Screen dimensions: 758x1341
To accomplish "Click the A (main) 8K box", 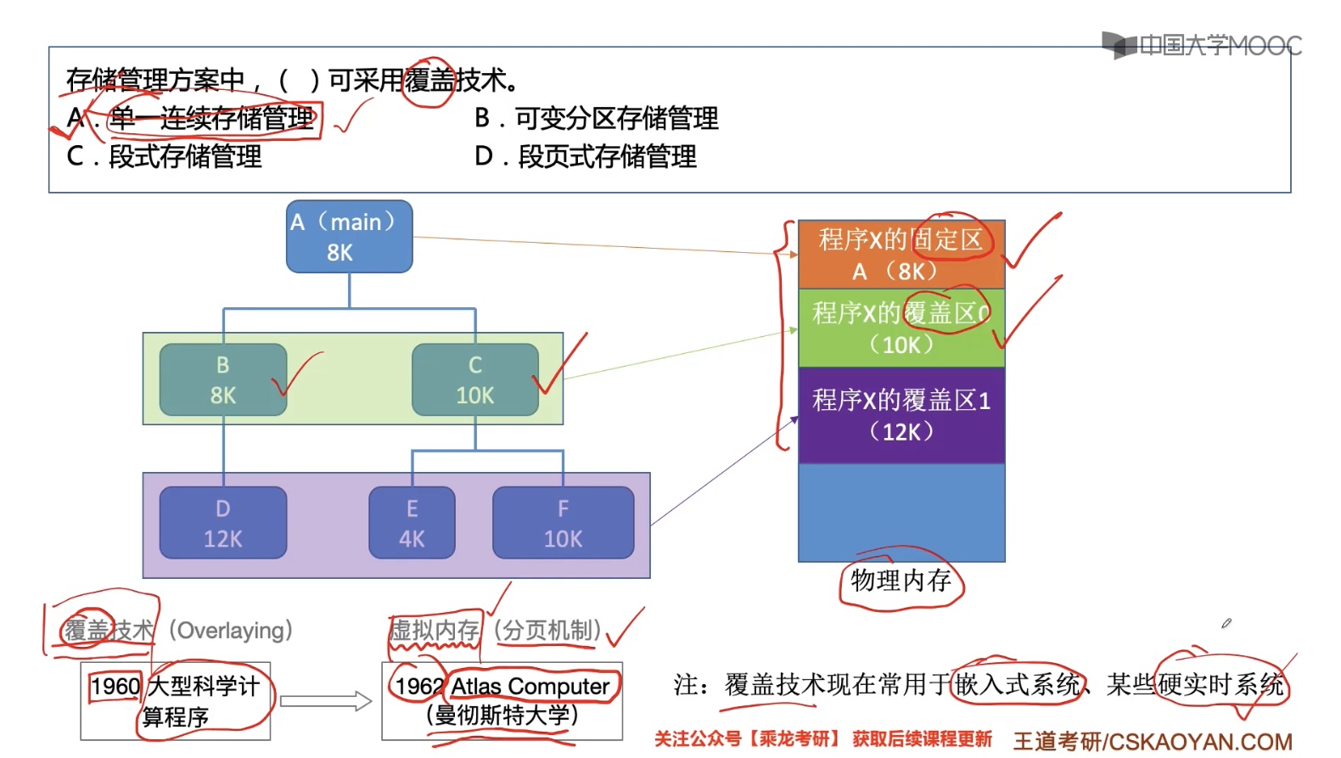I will pos(349,237).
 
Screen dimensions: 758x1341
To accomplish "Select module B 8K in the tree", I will pos(222,379).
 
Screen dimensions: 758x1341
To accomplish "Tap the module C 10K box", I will pos(474,379).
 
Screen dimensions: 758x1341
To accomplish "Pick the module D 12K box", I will pos(222,523).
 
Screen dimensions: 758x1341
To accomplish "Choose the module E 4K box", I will pos(412,523).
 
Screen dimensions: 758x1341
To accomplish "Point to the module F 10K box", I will pos(563,523).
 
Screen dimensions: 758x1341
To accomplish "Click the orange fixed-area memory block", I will pos(901,255).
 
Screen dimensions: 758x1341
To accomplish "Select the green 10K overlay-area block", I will pos(901,328).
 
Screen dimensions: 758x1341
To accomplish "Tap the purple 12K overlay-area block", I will pos(901,415).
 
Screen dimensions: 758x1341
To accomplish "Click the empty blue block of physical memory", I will pos(901,513).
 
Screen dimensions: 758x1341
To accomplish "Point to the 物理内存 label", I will pos(901,581).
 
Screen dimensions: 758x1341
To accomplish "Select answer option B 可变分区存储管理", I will pos(597,118).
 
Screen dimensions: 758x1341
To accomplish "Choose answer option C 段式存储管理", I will pos(165,156).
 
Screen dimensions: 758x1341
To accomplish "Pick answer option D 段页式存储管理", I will pos(586,156).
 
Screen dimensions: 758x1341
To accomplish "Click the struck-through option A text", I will pos(212,118).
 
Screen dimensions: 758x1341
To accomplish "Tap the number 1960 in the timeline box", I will pos(115,686).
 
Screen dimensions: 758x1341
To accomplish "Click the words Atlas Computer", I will pos(530,686).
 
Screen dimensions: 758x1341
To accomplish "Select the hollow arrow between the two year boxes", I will pos(326,701).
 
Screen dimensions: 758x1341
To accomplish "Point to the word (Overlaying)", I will pos(231,631).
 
